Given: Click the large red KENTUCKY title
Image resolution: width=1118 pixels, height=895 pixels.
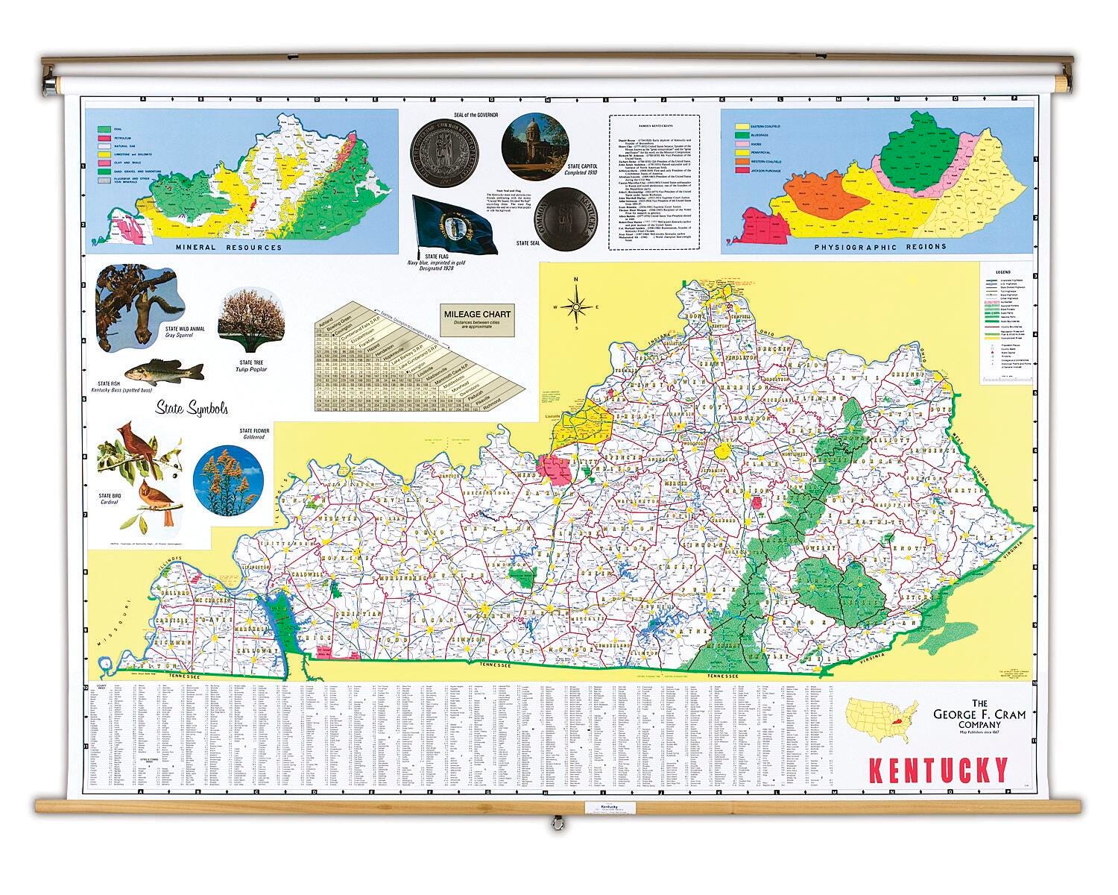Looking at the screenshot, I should coord(938,770).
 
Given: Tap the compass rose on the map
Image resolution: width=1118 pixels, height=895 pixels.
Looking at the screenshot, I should coord(575,304).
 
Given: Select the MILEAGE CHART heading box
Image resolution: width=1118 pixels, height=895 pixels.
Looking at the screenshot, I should coord(477,318).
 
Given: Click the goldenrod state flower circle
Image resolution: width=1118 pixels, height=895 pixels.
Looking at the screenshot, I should coord(228,480).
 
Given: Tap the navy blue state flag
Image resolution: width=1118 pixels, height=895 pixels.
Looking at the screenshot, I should coord(455,224).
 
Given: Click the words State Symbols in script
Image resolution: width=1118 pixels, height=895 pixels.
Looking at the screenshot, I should coord(192,409).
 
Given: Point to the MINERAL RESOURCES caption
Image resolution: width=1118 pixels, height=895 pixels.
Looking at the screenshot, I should coord(228,248).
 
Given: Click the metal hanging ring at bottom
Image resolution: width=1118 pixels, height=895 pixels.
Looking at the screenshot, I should coord(555,823).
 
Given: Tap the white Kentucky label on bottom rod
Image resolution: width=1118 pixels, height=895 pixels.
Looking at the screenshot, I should coord(609,807).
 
